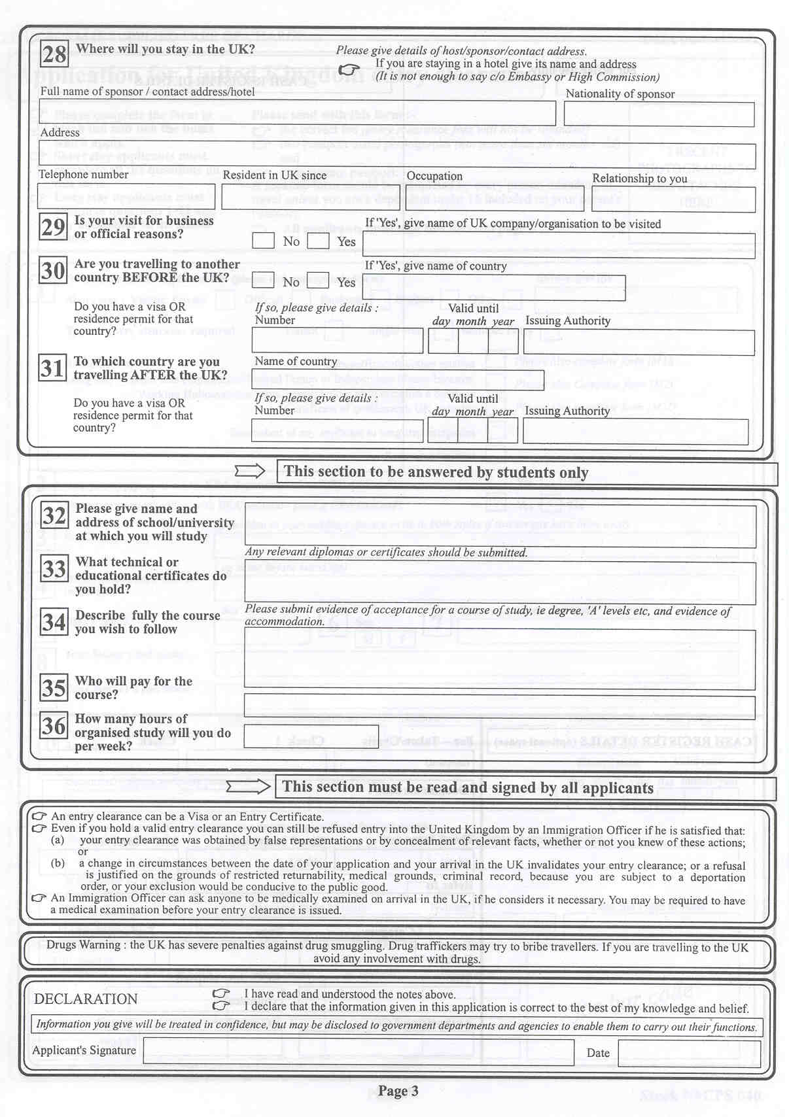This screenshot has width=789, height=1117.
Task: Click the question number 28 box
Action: [x=54, y=54]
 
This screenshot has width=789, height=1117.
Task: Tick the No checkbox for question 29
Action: [x=263, y=240]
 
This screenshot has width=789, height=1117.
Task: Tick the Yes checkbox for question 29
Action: [x=318, y=240]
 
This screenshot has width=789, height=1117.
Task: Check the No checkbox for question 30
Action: [x=263, y=281]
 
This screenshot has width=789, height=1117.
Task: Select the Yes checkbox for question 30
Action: [x=318, y=281]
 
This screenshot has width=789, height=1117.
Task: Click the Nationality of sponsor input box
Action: [x=659, y=114]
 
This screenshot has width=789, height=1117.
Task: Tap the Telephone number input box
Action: [x=126, y=196]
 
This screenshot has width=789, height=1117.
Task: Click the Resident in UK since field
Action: [x=311, y=197]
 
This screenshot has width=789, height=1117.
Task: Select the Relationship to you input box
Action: [x=673, y=199]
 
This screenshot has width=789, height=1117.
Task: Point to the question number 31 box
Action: [x=53, y=368]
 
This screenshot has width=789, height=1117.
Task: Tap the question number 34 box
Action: [x=54, y=621]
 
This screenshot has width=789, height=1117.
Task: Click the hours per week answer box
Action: [x=311, y=736]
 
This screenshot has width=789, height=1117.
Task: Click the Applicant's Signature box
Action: [x=359, y=1052]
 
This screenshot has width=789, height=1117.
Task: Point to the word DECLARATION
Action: [x=86, y=999]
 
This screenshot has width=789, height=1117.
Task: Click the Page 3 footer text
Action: [x=398, y=1091]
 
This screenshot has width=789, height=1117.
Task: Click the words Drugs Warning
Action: [x=83, y=945]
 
